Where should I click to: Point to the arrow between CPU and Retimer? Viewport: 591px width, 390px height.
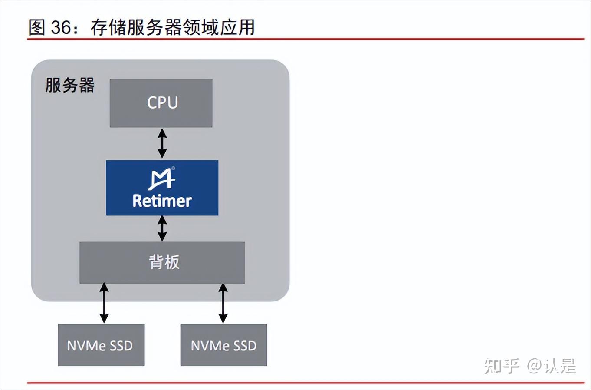coord(162,143)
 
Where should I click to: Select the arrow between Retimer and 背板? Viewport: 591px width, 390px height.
coord(162,228)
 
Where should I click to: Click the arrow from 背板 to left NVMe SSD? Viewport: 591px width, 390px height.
coord(104,303)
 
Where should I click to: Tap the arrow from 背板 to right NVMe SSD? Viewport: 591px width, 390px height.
coord(223,303)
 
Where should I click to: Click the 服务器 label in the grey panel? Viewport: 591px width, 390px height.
coord(70,85)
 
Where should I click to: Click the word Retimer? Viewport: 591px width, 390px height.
coord(162,201)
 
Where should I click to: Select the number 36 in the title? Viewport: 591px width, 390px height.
coord(61,27)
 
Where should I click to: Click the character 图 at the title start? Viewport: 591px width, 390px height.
coord(37,27)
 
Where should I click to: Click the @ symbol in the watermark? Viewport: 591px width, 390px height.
coord(535,366)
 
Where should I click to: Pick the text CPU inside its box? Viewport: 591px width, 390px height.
coord(162,102)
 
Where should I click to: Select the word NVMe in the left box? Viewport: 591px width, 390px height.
coord(86,346)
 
